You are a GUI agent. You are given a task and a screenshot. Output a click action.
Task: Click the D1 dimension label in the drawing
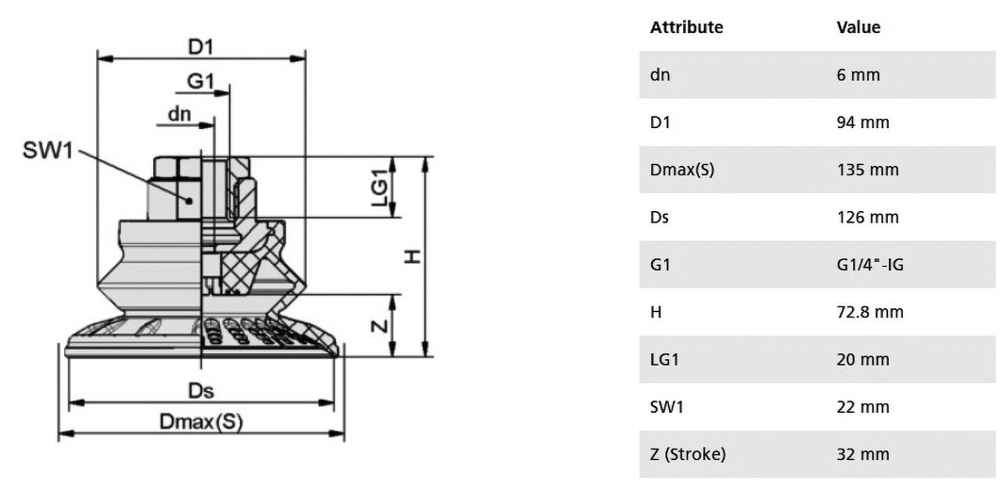tap(200, 47)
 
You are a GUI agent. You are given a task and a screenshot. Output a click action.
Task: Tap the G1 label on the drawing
tap(200, 81)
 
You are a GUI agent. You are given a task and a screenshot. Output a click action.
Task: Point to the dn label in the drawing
tap(179, 114)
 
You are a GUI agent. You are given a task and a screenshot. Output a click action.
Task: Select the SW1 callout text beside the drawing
tap(49, 152)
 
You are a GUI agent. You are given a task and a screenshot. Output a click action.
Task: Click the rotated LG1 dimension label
tap(380, 188)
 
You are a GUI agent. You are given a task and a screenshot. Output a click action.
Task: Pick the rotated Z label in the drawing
tap(380, 326)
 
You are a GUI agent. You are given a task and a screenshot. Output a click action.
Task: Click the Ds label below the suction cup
tap(201, 391)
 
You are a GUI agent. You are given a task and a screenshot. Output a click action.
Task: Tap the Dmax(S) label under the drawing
tap(201, 421)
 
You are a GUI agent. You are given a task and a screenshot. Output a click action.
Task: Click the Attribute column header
tap(686, 27)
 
